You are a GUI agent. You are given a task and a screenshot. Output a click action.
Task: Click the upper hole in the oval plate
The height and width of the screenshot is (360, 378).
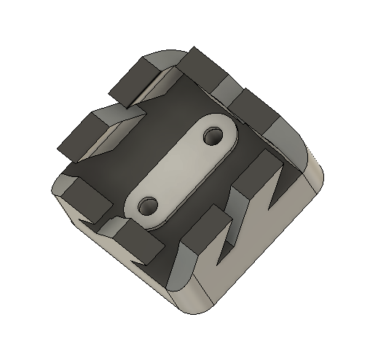pos(214,136)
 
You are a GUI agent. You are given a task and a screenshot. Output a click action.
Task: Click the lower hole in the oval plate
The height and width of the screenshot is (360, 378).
pos(149,205)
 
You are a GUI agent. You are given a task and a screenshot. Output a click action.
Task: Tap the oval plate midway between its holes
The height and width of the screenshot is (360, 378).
pos(181,171)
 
